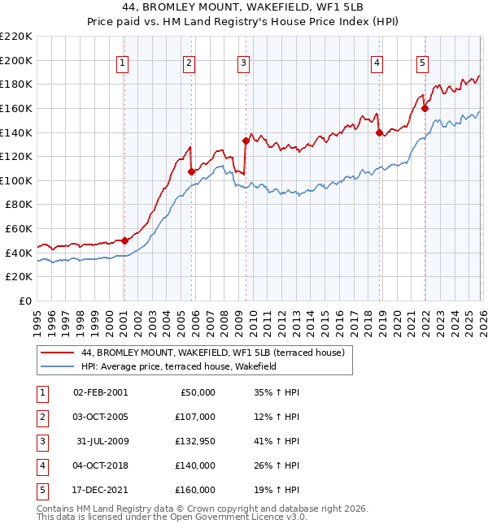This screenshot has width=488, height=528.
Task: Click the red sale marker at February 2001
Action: (x=124, y=240)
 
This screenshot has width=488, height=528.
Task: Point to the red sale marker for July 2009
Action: (x=246, y=141)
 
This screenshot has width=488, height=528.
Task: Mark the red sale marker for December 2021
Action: (x=425, y=107)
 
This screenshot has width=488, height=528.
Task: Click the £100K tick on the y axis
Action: (x=17, y=180)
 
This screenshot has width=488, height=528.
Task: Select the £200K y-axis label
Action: (x=17, y=60)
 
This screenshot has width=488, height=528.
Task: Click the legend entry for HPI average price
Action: (x=179, y=367)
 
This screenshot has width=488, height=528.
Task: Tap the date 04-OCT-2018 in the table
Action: (x=100, y=465)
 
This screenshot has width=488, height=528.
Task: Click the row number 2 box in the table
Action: (x=41, y=417)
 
